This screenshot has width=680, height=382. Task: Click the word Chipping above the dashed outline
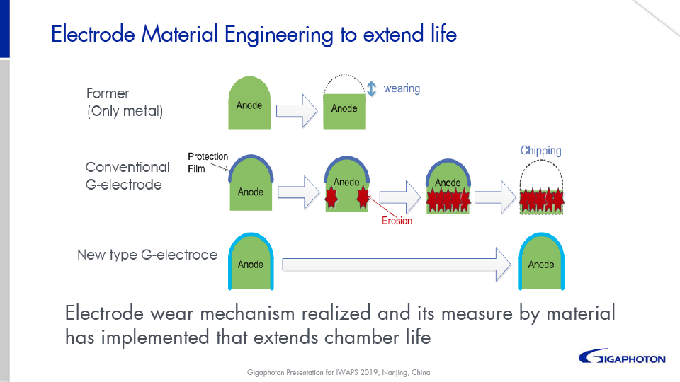540,151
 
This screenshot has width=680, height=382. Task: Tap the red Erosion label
396,221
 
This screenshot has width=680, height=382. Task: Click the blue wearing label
402,89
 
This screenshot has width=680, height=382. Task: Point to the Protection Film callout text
208,162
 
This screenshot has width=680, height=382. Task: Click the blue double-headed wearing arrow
371,89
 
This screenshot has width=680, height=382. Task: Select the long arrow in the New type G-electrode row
397,265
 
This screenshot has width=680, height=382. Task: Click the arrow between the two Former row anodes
295,109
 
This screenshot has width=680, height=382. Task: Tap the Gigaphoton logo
622,357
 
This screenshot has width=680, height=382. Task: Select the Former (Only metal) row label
125,103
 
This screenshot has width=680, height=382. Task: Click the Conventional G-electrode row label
127,176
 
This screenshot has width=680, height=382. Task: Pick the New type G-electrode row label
147,255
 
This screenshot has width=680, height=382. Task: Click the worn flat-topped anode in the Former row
344,112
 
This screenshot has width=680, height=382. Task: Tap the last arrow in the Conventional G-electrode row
495,192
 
